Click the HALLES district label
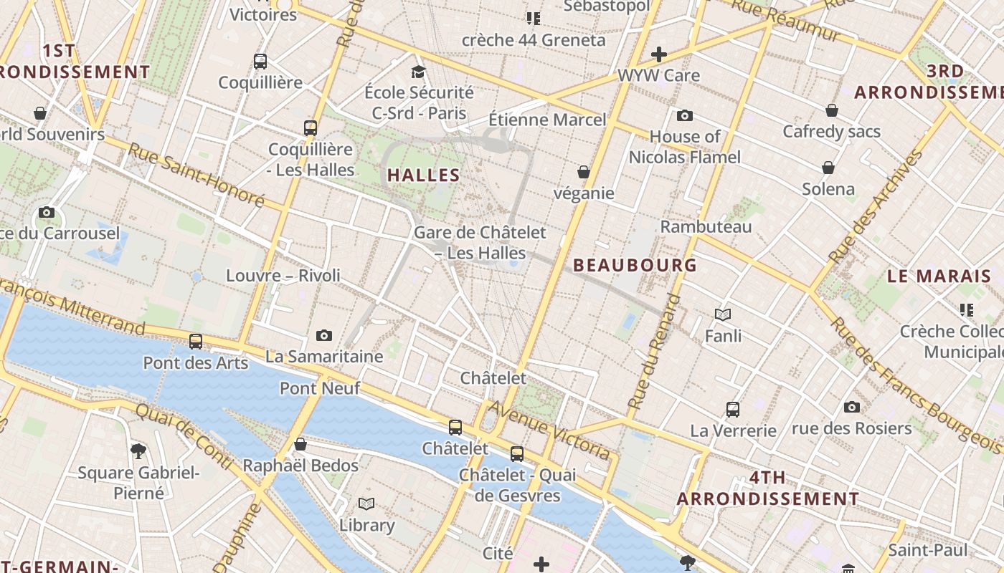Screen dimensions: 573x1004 pyautogui.click(x=423, y=175)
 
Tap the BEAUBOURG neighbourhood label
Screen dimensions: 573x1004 pyautogui.click(x=635, y=266)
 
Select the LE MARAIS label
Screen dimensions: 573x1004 pyautogui.click(x=939, y=276)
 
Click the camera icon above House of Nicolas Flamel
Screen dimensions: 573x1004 pyautogui.click(x=684, y=115)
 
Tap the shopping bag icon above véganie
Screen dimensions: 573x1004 pyautogui.click(x=584, y=172)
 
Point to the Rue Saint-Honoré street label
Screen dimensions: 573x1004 pyautogui.click(x=196, y=175)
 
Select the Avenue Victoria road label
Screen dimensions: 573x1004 pyautogui.click(x=551, y=430)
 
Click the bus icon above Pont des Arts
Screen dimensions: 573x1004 pyautogui.click(x=195, y=342)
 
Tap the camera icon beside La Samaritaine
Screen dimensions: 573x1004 pyautogui.click(x=324, y=335)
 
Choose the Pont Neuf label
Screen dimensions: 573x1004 pyautogui.click(x=319, y=389)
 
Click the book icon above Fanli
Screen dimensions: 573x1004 pyautogui.click(x=723, y=314)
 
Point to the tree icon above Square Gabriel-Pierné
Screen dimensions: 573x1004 pyautogui.click(x=138, y=451)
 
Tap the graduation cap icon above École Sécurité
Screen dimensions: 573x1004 pyautogui.click(x=418, y=72)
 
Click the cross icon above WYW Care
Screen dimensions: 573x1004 pyautogui.click(x=658, y=54)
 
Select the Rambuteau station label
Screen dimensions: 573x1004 pyautogui.click(x=706, y=227)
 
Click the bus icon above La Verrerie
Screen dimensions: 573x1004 pyautogui.click(x=732, y=410)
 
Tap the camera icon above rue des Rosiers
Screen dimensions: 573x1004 pyautogui.click(x=851, y=407)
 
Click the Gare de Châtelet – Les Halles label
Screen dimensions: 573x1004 pyautogui.click(x=480, y=242)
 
